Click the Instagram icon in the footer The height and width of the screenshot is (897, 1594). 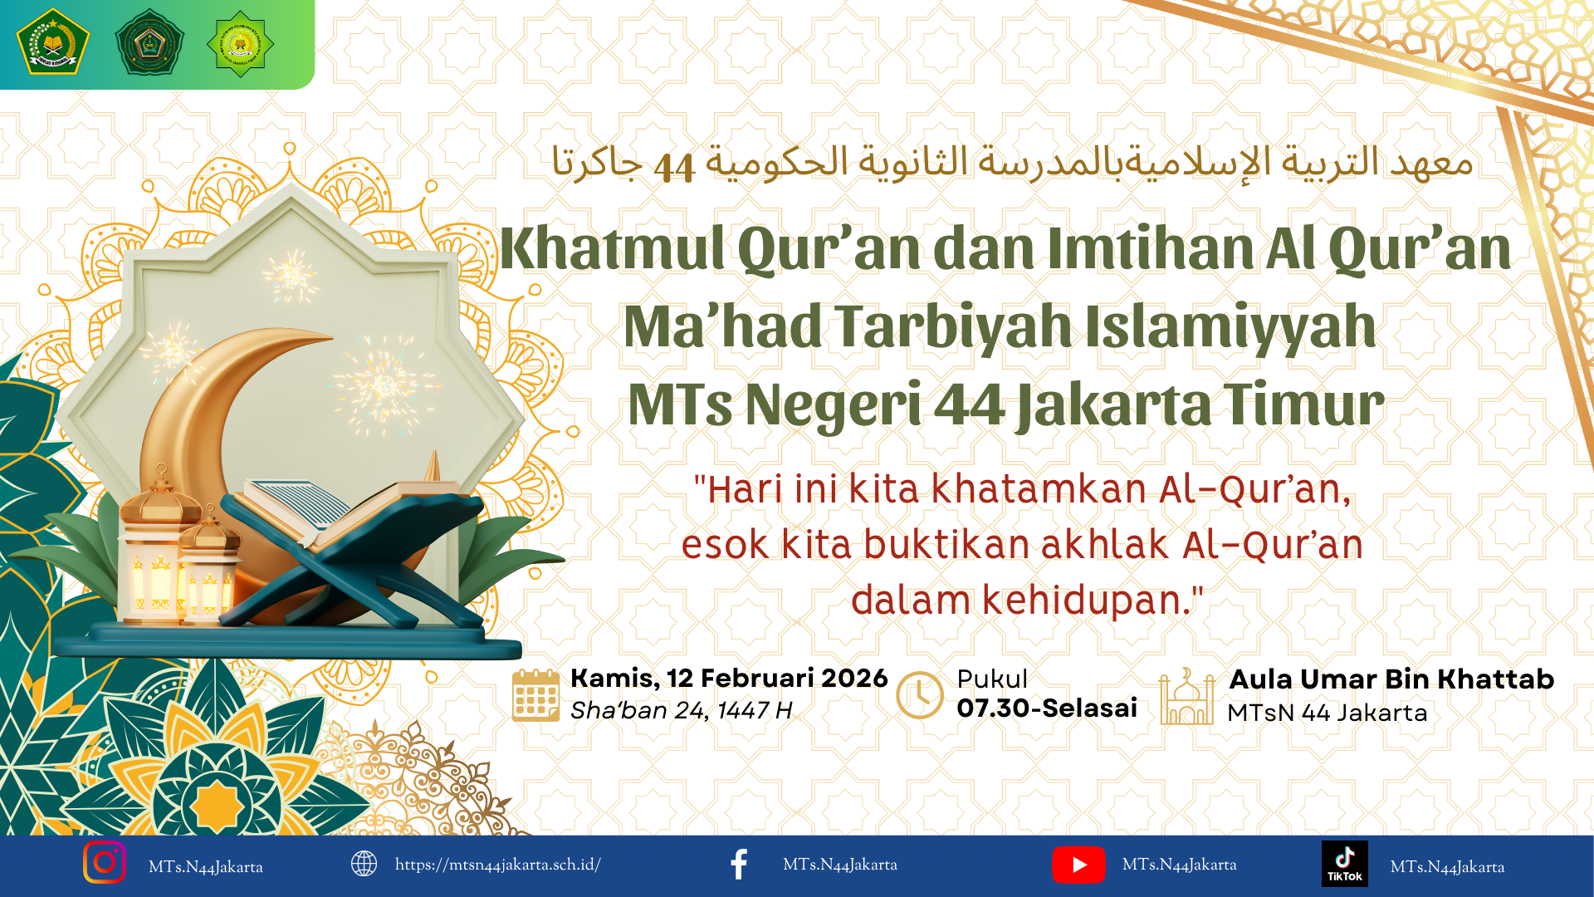pos(105,862)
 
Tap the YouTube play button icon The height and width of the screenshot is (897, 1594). pos(1078,865)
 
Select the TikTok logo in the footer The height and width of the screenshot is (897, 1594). pos(1344,864)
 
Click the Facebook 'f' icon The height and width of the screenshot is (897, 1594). pos(738,865)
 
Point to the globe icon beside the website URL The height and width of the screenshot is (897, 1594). pos(364,864)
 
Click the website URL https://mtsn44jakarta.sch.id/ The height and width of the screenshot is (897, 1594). pos(498,865)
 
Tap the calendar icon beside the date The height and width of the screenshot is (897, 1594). pos(535,695)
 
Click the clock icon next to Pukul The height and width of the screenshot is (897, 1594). pos(920,695)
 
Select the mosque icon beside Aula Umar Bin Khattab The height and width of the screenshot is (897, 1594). pos(1186,697)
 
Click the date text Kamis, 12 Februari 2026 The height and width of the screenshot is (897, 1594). pos(729,679)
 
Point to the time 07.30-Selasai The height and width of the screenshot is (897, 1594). pos(1047,708)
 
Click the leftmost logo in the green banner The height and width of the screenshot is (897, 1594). pos(53,42)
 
